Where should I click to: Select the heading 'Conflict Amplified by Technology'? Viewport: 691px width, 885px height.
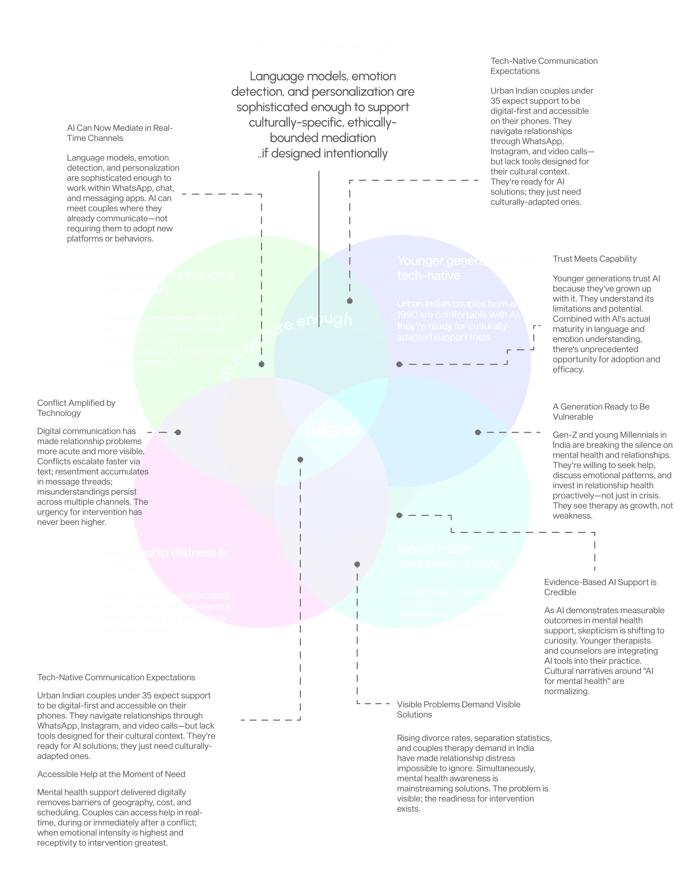click(76, 408)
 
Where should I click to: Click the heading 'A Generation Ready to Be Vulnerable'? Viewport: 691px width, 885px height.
click(601, 411)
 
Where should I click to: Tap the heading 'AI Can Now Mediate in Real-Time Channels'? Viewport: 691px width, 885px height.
click(119, 133)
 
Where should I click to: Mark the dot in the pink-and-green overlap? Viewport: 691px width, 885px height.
click(178, 432)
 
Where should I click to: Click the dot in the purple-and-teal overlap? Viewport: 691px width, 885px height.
click(478, 432)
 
